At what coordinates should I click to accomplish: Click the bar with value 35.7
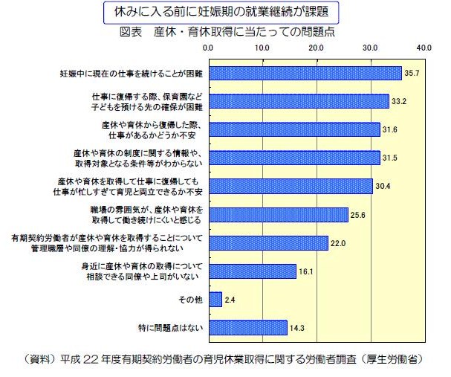pos(305,73)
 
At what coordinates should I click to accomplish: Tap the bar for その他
pos(215,299)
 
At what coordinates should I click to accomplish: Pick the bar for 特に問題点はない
pos(248,327)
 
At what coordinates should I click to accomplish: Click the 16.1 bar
pos(253,271)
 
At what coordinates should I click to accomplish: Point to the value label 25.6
pos(359,215)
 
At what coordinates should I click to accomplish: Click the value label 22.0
pos(340,242)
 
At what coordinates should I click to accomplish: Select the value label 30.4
pos(384,186)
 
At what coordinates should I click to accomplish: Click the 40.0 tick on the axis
pos(424,47)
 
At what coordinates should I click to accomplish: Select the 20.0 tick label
pos(316,47)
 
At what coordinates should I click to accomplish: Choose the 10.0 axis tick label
pos(262,47)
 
